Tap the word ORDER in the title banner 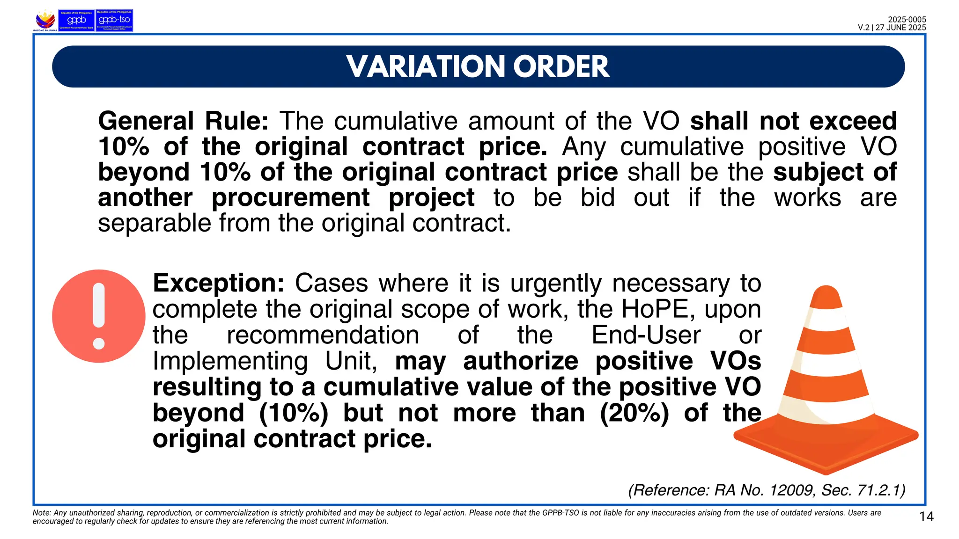pos(561,66)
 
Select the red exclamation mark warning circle pos(99,316)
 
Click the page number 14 pos(926,517)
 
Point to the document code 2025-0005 pos(907,20)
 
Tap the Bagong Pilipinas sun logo pos(45,20)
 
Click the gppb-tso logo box pos(114,20)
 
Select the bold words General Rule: pos(183,121)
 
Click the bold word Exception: pos(218,283)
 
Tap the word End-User pos(646,335)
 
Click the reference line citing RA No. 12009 pos(767,490)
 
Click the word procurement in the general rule pos(290,197)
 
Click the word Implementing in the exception pos(230,361)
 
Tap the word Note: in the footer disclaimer pos(42,513)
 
